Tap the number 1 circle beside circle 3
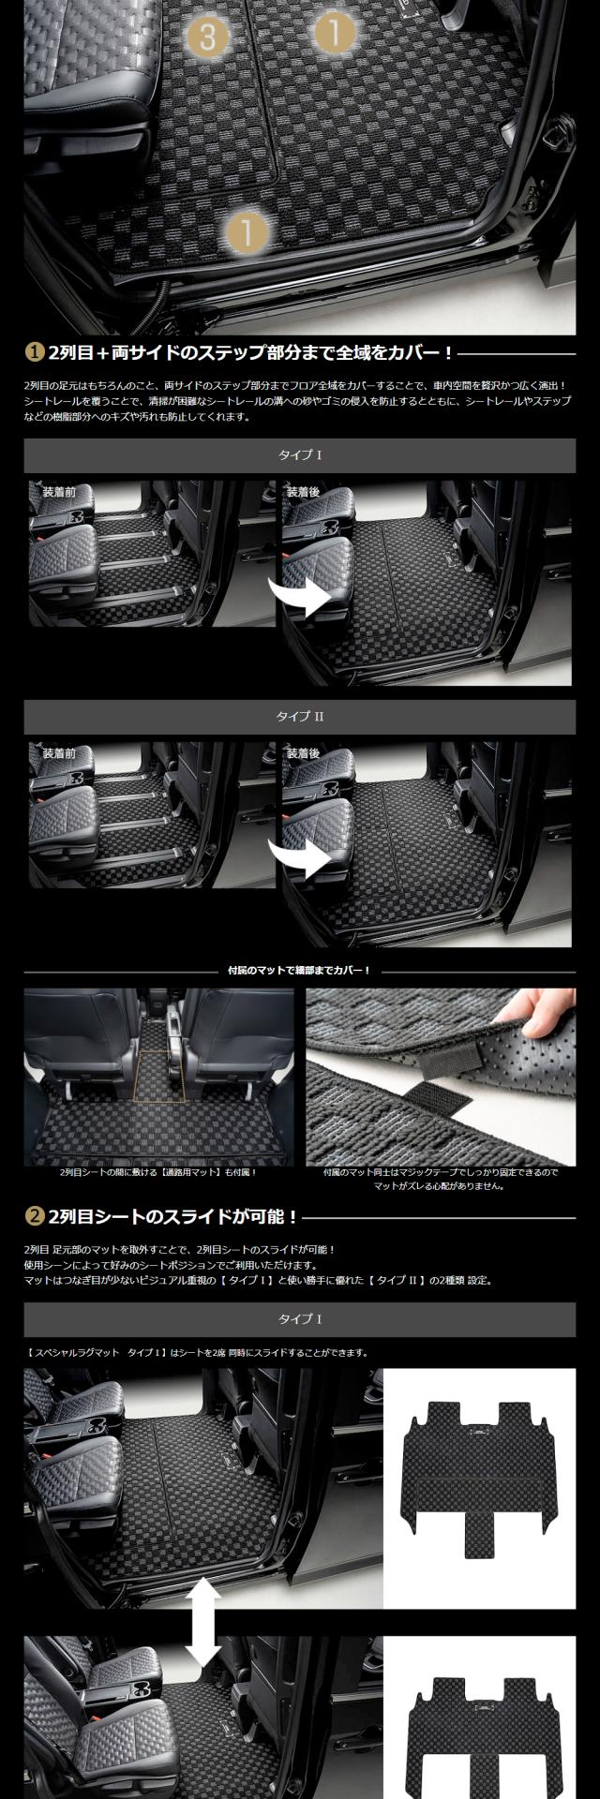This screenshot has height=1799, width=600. tap(334, 33)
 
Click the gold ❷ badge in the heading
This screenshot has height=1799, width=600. tap(33, 1216)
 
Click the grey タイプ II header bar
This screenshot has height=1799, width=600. tap(300, 717)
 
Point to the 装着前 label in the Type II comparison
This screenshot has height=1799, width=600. tap(60, 753)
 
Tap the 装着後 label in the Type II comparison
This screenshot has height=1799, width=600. tap(303, 753)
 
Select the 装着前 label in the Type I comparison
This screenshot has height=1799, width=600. tap(60, 491)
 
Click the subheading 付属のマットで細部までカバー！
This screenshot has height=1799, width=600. tap(300, 970)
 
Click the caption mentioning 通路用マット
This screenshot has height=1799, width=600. tap(158, 1172)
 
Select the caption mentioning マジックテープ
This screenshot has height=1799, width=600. tap(440, 1179)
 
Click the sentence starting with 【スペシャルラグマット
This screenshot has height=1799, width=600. tap(196, 1352)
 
